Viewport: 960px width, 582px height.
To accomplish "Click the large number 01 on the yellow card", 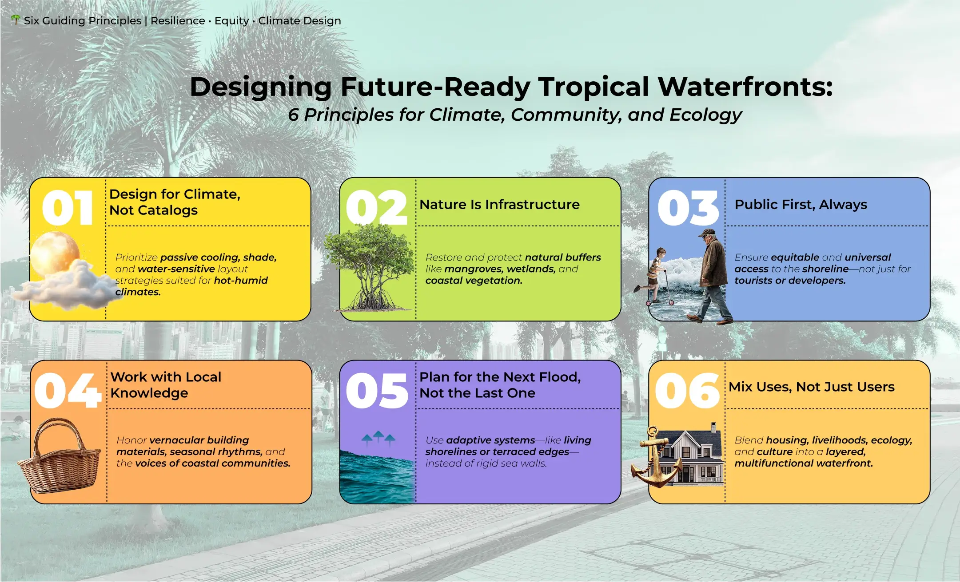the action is click(68, 208).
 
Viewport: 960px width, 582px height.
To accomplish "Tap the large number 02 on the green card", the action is click(376, 208).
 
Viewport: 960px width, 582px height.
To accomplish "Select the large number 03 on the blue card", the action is click(688, 208).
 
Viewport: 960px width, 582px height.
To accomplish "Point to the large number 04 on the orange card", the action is click(68, 391).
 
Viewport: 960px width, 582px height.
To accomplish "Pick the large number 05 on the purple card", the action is click(377, 391).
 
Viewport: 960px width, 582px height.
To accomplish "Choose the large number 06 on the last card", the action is click(687, 391).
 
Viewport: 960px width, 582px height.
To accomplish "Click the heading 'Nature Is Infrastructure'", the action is click(499, 204).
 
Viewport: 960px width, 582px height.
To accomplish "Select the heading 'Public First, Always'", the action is click(801, 204).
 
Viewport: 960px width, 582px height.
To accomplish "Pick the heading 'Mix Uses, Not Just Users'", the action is click(812, 387).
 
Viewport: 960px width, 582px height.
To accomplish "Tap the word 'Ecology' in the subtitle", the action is click(705, 115).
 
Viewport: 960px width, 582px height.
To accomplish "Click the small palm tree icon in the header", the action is click(16, 20).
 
